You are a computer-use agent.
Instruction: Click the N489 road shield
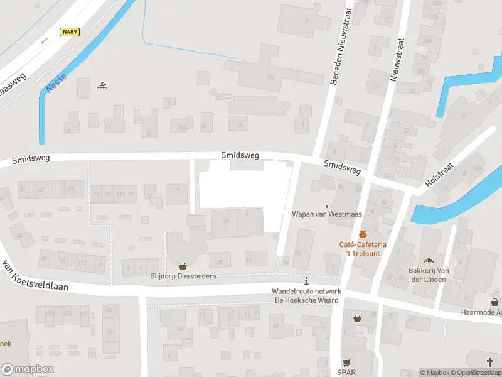(70, 31)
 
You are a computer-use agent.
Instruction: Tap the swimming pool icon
(102, 85)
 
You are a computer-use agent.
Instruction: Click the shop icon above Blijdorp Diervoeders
(183, 266)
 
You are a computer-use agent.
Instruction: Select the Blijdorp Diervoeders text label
(183, 276)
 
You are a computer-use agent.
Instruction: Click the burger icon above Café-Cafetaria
(363, 234)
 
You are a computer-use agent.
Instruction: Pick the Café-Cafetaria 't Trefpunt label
(363, 248)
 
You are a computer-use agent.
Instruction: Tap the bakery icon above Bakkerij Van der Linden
(430, 260)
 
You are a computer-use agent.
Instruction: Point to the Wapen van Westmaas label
(326, 214)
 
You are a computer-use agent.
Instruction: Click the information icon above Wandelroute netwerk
(306, 281)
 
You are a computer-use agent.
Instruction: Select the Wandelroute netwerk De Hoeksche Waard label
(306, 296)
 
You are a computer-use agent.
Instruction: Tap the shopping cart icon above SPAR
(346, 363)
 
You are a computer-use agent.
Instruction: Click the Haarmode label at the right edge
(479, 312)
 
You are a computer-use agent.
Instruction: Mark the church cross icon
(491, 361)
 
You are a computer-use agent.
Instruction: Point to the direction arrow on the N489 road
(44, 41)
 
